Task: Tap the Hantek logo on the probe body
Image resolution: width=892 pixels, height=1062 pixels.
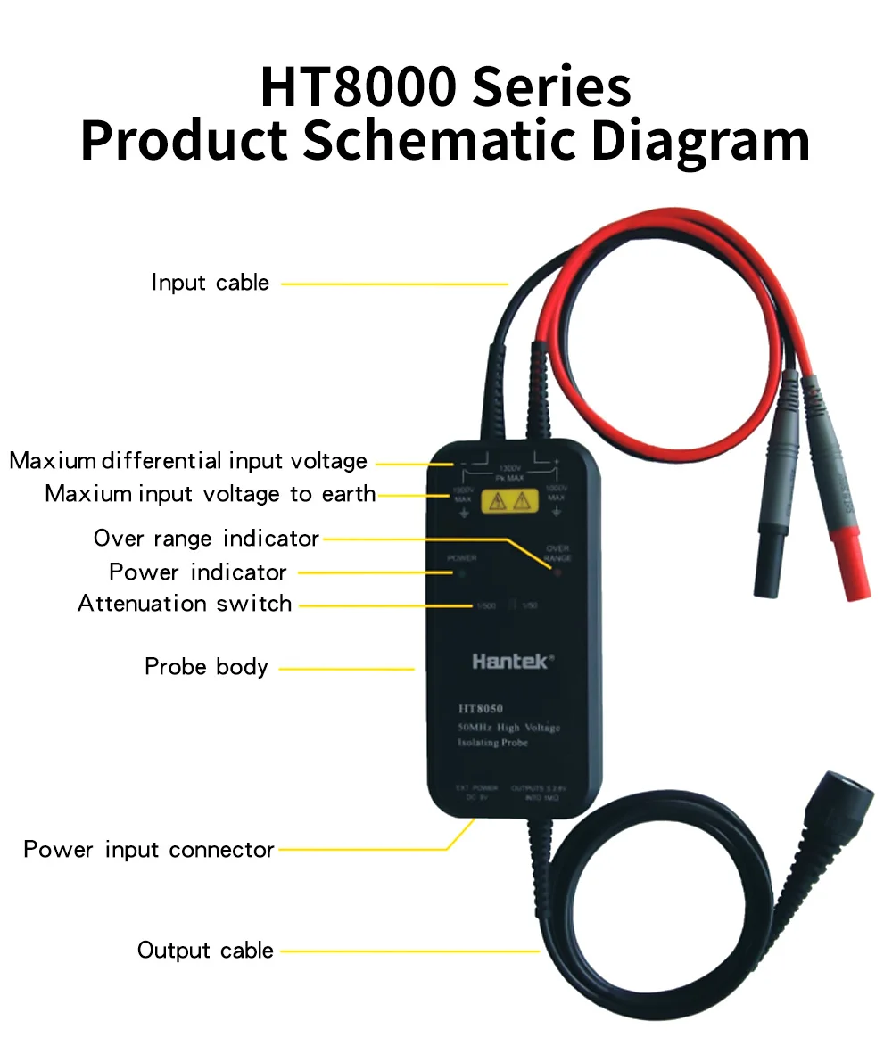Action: tap(512, 662)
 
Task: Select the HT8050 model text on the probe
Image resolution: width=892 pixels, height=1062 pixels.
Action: tap(481, 710)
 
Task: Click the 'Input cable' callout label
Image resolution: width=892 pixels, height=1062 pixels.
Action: tap(210, 284)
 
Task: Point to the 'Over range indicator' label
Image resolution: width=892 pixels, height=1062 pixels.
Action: tap(206, 539)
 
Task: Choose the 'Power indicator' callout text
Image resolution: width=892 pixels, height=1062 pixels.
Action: tap(197, 572)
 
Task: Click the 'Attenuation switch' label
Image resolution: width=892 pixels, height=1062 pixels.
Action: tap(185, 604)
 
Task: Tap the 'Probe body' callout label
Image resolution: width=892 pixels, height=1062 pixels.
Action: tap(206, 667)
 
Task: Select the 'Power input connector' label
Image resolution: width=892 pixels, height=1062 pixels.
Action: tap(149, 850)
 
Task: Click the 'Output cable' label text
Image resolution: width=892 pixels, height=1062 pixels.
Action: tap(205, 951)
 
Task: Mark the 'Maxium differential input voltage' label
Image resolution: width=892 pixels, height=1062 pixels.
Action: tap(188, 461)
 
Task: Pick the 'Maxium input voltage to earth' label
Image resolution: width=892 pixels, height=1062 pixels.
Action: tap(211, 494)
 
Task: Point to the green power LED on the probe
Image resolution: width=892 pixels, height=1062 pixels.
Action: tap(461, 572)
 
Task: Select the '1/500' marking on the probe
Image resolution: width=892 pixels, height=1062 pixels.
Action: tap(485, 606)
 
